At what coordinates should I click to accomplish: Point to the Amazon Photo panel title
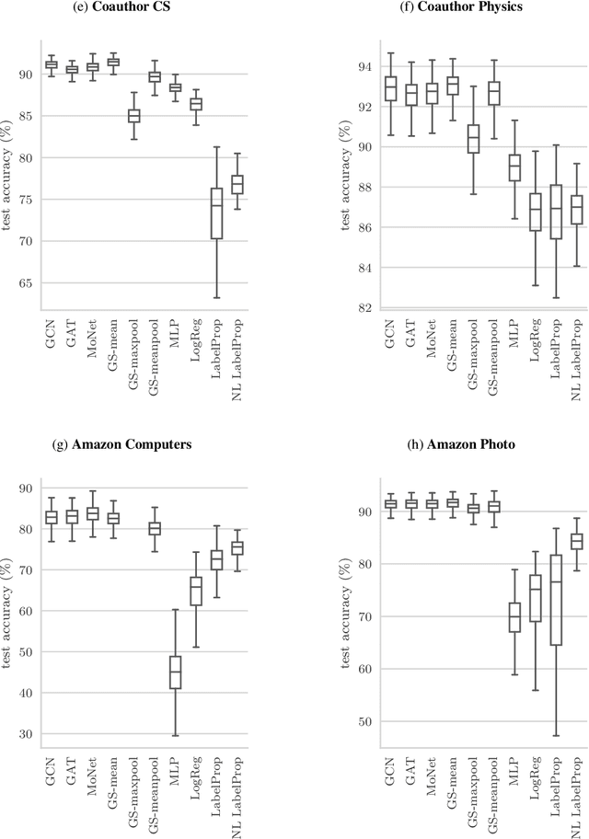(462, 444)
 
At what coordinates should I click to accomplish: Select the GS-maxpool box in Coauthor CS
(133, 115)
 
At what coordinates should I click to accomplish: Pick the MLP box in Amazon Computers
(175, 672)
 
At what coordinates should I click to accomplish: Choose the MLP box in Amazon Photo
(514, 616)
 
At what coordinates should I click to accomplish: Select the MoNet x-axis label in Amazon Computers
(92, 787)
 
